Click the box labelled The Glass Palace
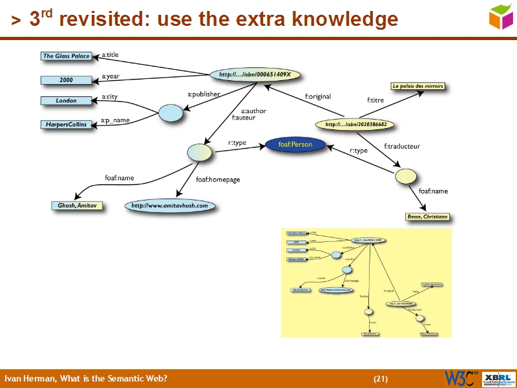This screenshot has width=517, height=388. click(66, 56)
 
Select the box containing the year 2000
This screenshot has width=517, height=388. click(66, 80)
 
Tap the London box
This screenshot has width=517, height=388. click(66, 101)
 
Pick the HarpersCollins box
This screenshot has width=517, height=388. click(66, 124)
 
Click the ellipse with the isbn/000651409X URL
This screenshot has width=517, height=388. click(255, 75)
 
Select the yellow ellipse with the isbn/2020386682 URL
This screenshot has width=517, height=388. click(355, 124)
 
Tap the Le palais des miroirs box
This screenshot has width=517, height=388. click(417, 86)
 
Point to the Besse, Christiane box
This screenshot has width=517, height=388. click(427, 217)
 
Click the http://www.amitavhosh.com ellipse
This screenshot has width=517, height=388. click(170, 206)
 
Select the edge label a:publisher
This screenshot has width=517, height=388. click(204, 94)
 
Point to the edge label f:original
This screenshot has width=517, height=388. click(318, 97)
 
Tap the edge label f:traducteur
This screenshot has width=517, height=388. click(402, 146)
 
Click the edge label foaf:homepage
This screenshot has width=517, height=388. click(218, 180)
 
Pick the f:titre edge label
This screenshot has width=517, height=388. click(375, 100)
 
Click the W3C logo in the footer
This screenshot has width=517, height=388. click(460, 378)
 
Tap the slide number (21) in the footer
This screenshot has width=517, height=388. click(381, 378)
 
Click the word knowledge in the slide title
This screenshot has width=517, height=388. click(345, 21)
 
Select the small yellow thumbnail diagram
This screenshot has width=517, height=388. click(366, 283)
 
